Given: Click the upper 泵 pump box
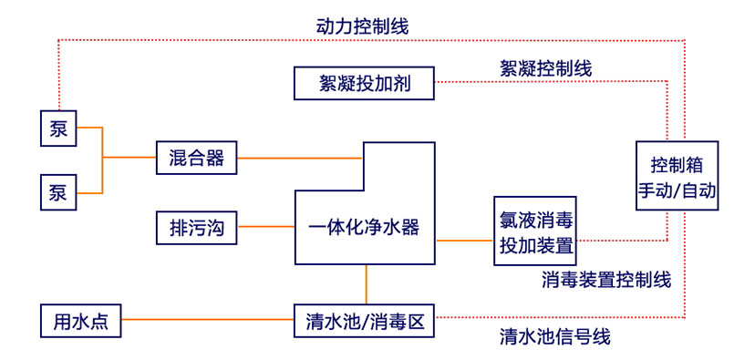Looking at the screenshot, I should click(x=58, y=128).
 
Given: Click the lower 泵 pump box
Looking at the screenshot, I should click(x=58, y=192).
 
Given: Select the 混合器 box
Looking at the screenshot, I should click(x=196, y=158).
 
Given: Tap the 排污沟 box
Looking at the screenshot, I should click(x=196, y=227).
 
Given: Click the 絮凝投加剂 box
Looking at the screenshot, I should click(x=363, y=84).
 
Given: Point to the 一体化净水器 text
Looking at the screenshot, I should click(x=364, y=227).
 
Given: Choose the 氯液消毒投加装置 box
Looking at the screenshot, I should click(x=535, y=231).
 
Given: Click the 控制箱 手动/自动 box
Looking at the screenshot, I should click(x=677, y=177).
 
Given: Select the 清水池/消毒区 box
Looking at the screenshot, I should click(x=364, y=321).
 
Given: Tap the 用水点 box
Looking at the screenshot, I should click(x=81, y=321).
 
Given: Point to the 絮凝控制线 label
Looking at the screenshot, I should click(x=546, y=67).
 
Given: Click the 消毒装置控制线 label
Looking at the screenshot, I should click(x=606, y=279).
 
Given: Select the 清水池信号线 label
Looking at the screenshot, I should click(x=554, y=338).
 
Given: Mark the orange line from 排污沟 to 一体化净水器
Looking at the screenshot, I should click(x=265, y=227).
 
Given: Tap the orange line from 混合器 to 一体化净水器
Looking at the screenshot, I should click(x=300, y=158).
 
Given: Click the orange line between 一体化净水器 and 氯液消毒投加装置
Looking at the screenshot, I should click(x=464, y=241).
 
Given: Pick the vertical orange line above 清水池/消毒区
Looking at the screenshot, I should click(x=366, y=283).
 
